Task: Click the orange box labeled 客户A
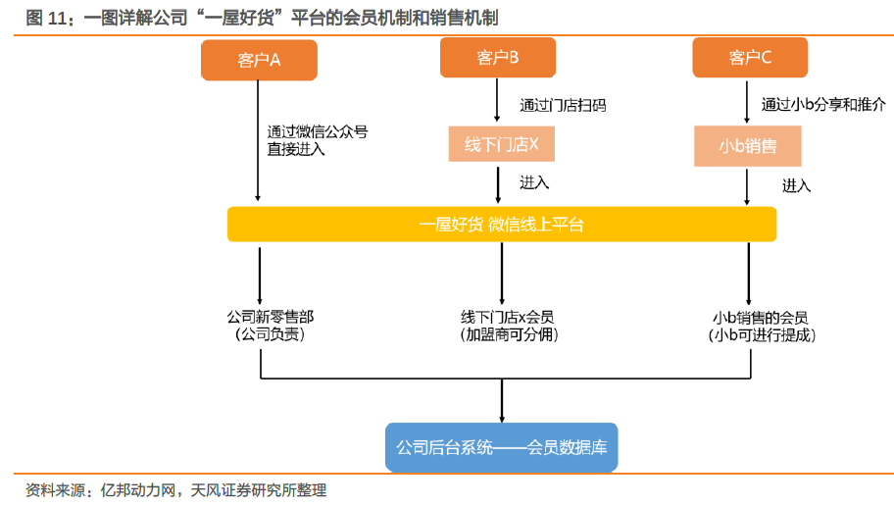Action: point(259,59)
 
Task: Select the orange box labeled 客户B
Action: point(498,57)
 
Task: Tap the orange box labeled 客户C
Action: point(750,57)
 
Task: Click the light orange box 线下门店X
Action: point(502,146)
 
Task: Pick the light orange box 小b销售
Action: point(748,146)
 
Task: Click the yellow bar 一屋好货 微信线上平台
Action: point(502,225)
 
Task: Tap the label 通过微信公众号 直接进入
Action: point(318,140)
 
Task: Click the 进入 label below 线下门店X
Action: point(534,182)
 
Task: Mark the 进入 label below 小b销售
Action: point(796,184)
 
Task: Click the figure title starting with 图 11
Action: point(265,18)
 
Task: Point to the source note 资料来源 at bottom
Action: point(176,490)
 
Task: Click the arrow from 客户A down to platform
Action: point(259,147)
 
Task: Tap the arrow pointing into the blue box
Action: point(502,402)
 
